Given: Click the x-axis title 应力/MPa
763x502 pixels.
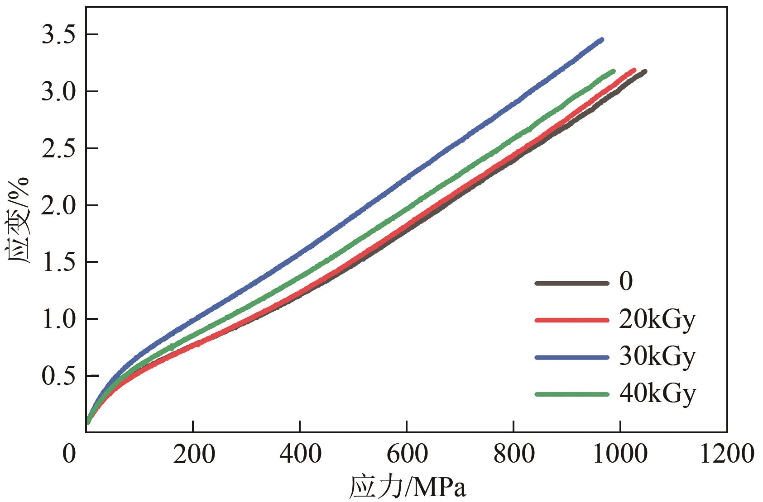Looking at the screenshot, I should pyautogui.click(x=408, y=488).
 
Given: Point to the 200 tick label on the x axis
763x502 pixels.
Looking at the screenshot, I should pyautogui.click(x=193, y=454).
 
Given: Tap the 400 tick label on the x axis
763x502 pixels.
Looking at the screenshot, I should pyautogui.click(x=300, y=454).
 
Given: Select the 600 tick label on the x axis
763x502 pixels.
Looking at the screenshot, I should pyautogui.click(x=407, y=454).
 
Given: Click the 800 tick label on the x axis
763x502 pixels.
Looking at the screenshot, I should pyautogui.click(x=514, y=454).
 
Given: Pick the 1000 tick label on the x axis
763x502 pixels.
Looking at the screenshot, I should pyautogui.click(x=621, y=454).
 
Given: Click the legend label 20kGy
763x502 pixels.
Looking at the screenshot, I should pyautogui.click(x=657, y=320).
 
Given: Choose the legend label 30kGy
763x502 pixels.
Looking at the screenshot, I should pyautogui.click(x=657, y=357).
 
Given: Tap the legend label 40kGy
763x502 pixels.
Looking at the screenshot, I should pyautogui.click(x=657, y=394).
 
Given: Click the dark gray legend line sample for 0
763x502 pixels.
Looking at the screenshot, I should pyautogui.click(x=571, y=283).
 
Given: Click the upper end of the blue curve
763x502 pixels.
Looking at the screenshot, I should pyautogui.click(x=602, y=40).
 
